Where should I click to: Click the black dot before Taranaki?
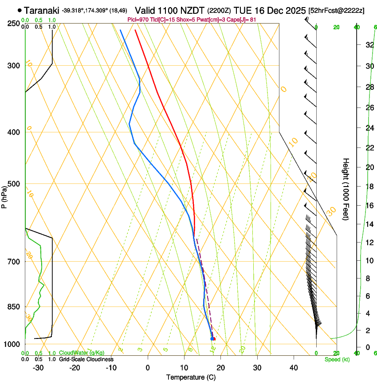(x=20, y=10)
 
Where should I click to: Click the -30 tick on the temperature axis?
(x=38, y=367)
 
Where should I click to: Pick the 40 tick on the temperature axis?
(x=294, y=367)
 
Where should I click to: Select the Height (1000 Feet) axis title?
(x=346, y=189)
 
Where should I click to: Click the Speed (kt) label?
(x=337, y=359)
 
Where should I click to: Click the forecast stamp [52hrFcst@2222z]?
(x=336, y=10)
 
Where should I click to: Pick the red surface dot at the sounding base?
(x=214, y=339)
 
